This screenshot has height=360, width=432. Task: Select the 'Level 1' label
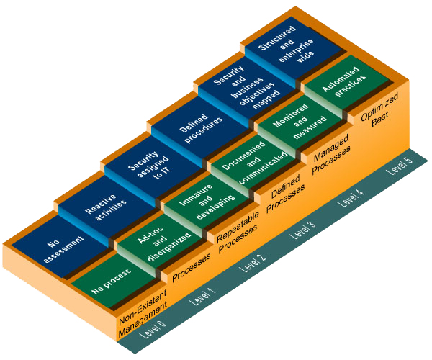(201, 295)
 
